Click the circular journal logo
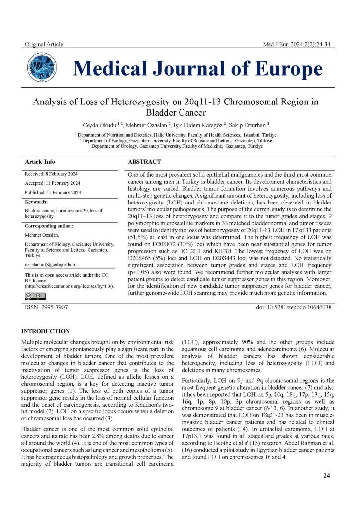(41, 68)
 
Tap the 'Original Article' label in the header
(44, 45)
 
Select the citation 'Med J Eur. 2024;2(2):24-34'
(298, 45)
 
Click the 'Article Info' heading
(40, 162)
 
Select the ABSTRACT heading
(144, 162)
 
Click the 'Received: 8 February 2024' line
(51, 174)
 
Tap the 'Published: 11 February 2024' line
(53, 192)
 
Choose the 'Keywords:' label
(36, 202)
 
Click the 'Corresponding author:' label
(49, 226)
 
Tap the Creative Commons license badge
(35, 296)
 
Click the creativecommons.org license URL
(69, 286)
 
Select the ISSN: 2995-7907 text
(46, 308)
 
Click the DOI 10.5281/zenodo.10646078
(293, 308)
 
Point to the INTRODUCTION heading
(45, 331)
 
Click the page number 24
(326, 476)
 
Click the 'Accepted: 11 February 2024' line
(52, 183)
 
